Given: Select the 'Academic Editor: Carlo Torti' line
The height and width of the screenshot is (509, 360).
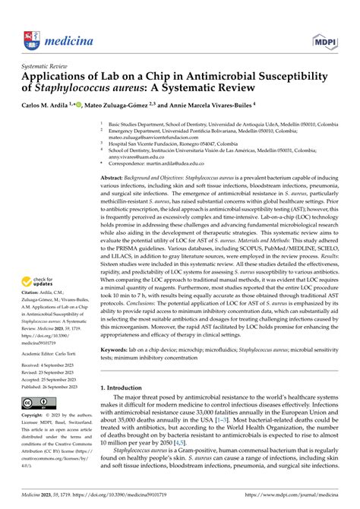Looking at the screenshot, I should point(52,375).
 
